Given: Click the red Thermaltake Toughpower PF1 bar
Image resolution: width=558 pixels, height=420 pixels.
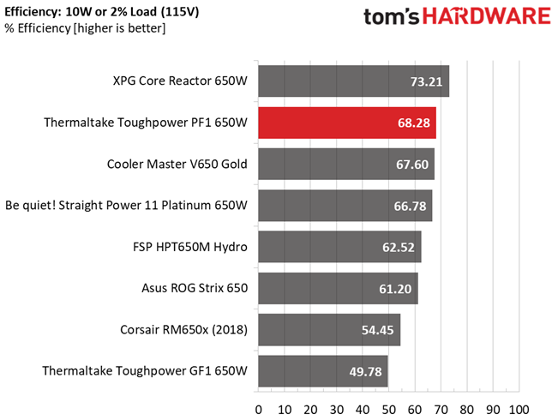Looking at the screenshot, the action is (347, 123).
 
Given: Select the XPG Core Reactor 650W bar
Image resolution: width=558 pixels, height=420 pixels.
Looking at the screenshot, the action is (354, 81).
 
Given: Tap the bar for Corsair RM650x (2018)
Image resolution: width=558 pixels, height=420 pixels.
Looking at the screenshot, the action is (329, 330).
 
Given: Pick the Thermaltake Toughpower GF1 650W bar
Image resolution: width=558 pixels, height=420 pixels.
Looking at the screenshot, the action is (323, 371).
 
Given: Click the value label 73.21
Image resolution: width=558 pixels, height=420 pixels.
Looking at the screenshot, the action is (426, 82).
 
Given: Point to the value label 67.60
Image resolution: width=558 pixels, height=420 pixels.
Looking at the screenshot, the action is (412, 165).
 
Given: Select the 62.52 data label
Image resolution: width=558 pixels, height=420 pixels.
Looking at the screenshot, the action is (399, 248).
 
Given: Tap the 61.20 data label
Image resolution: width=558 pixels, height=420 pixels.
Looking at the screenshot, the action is (395, 289).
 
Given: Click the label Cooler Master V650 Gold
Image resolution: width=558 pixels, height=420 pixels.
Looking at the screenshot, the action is (177, 164).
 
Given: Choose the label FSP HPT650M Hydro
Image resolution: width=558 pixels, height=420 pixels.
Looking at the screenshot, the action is (190, 247).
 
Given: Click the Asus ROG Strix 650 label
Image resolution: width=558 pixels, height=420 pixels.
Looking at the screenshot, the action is (195, 288).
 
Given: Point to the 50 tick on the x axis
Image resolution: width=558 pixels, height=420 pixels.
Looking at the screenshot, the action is (388, 410).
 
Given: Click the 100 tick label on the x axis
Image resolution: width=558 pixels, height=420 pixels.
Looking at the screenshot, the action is (519, 410).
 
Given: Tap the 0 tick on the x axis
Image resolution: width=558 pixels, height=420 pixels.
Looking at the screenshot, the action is (258, 410).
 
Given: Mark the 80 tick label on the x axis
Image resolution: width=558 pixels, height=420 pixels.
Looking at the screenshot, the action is (467, 410).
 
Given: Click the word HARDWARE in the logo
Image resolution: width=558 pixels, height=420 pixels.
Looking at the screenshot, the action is (487, 16).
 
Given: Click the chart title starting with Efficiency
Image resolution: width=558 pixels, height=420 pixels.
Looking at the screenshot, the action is (102, 12).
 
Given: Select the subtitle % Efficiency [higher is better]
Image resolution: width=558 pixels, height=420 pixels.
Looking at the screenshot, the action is (85, 28).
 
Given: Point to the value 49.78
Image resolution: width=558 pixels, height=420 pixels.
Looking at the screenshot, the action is (365, 372).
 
